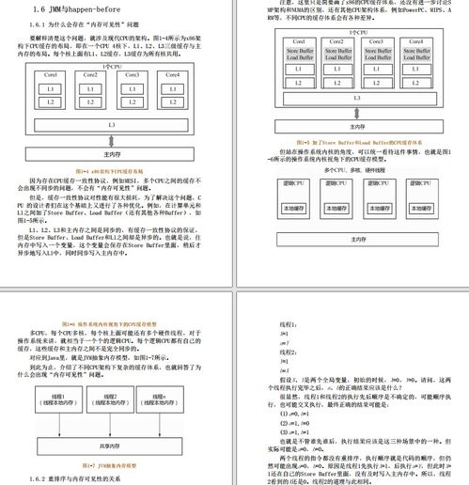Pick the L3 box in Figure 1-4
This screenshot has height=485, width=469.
(x=111, y=124)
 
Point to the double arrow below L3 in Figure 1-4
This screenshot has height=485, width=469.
(x=111, y=139)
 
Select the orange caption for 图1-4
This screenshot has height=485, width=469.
(x=111, y=170)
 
